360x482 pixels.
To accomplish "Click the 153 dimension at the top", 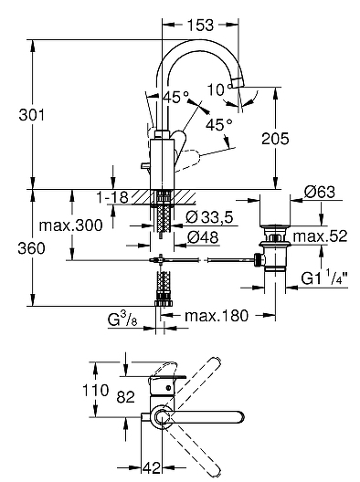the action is [200, 26].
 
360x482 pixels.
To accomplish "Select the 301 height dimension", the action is [31, 115].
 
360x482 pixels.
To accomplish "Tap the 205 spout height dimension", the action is [275, 139].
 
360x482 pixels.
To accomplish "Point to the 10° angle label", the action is [219, 89].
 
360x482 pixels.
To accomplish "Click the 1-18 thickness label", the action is [112, 197].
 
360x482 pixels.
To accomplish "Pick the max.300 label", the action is [70, 225].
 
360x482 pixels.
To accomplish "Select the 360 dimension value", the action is [31, 248].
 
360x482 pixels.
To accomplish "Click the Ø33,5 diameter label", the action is [209, 217].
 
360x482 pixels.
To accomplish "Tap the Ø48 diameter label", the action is [203, 237].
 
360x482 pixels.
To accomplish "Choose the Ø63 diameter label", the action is [320, 193].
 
